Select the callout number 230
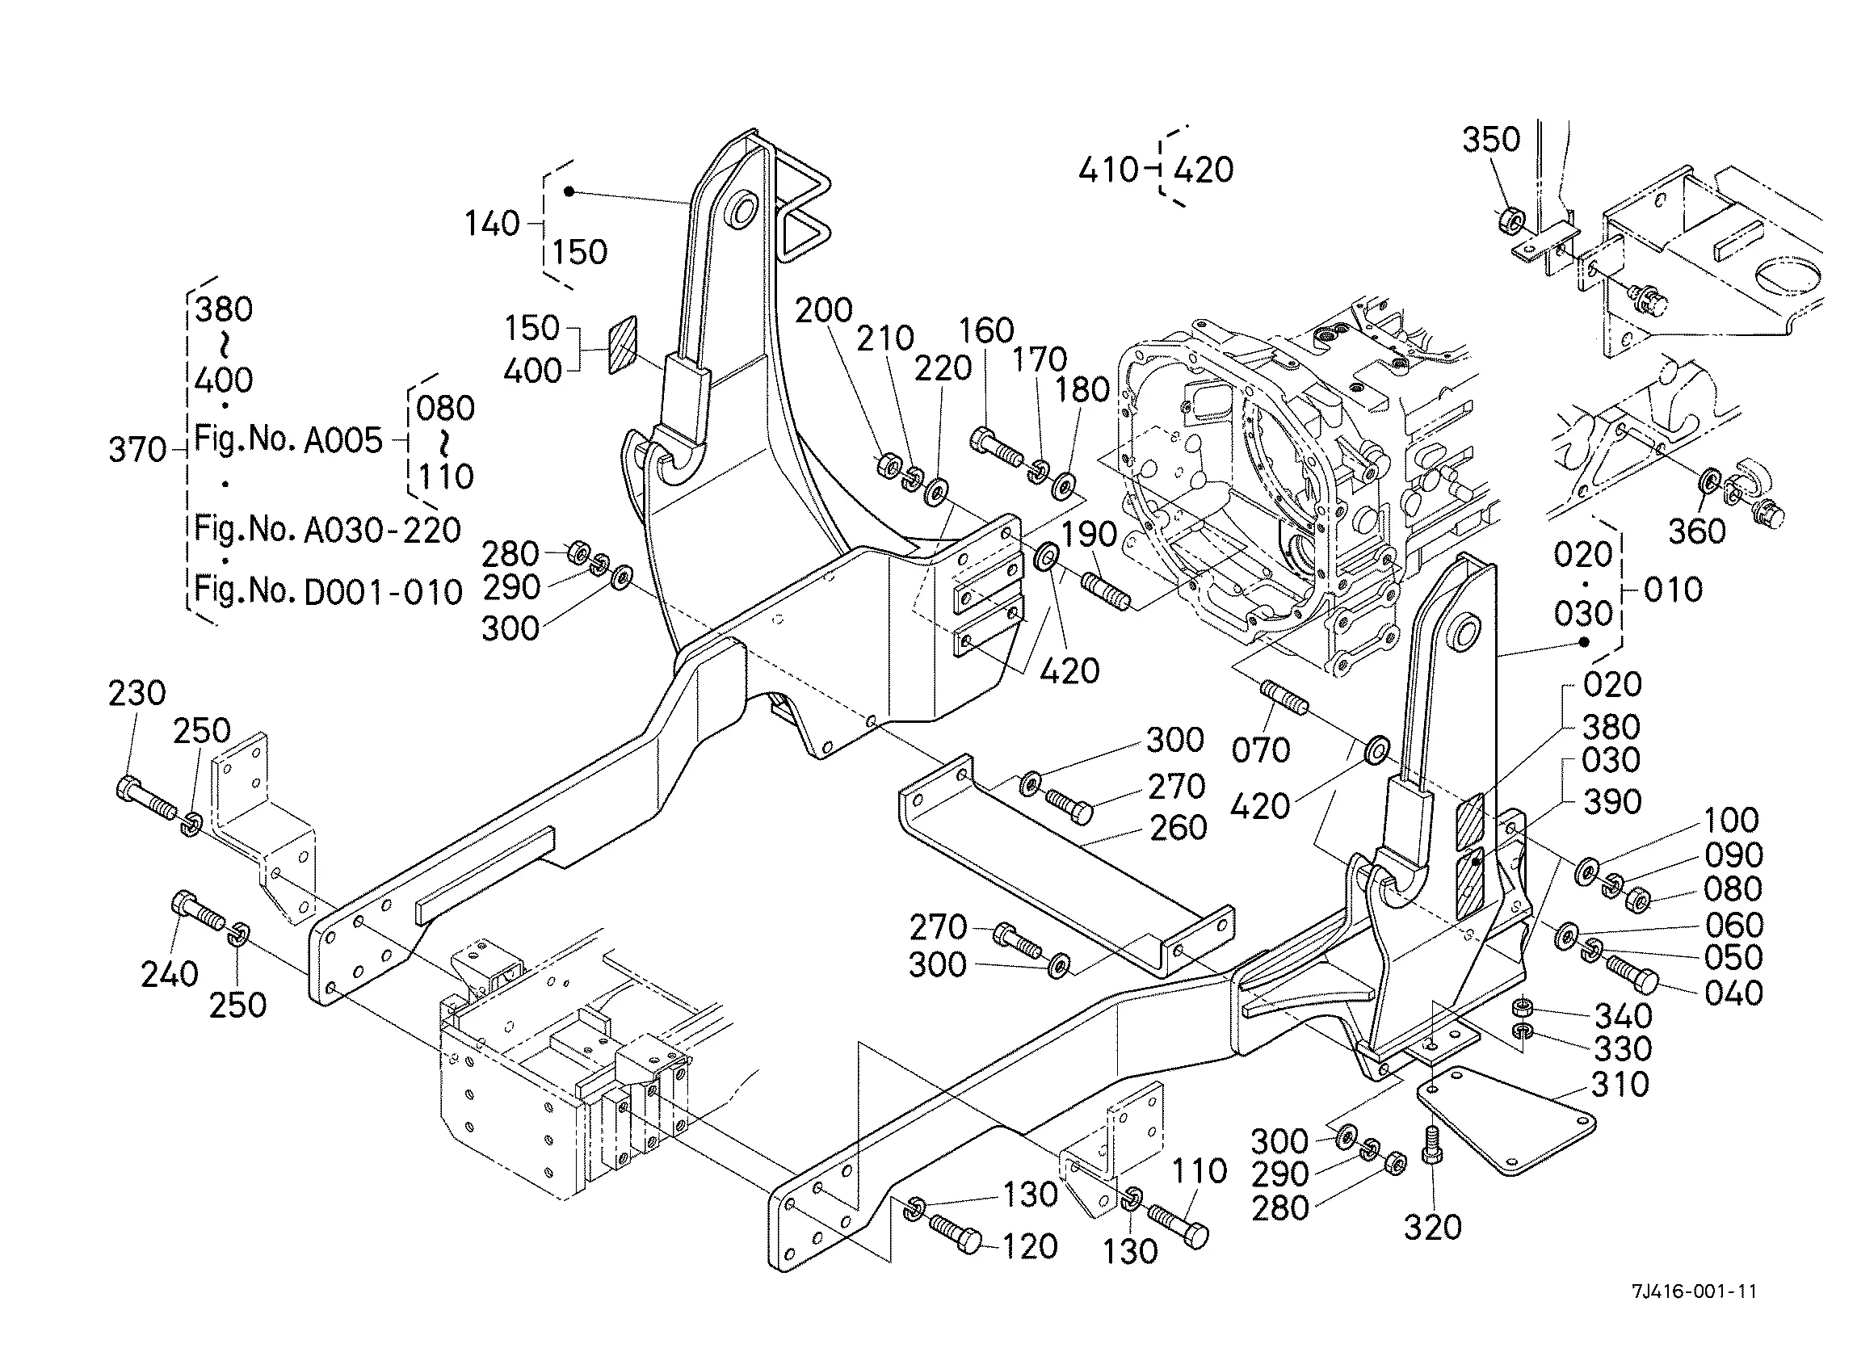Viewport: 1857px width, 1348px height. pyautogui.click(x=137, y=694)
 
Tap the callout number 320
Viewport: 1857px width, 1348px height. pyautogui.click(x=1433, y=1228)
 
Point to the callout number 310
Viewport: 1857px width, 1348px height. pyautogui.click(x=1620, y=1086)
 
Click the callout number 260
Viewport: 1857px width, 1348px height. pyautogui.click(x=1178, y=828)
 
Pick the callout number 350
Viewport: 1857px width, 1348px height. pyautogui.click(x=1491, y=140)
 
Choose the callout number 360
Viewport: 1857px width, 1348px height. pyautogui.click(x=1697, y=532)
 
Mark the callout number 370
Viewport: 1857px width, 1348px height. pyautogui.click(x=137, y=450)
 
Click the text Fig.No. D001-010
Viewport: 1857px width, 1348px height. pyautogui.click(x=328, y=590)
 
